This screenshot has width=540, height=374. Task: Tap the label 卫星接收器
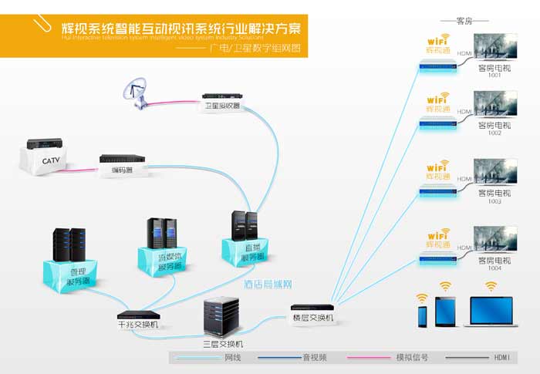tap(221, 105)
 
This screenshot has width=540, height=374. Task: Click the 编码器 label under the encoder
tap(121, 171)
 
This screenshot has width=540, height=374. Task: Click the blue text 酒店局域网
tap(266, 285)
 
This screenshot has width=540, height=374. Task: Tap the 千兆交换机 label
tap(138, 324)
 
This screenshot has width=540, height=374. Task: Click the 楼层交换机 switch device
tap(312, 308)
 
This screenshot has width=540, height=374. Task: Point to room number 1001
tap(494, 76)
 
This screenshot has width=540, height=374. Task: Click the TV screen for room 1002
tap(494, 104)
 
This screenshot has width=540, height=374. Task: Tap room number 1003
tap(494, 201)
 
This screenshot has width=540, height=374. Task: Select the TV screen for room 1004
tap(494, 240)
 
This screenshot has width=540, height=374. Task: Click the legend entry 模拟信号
tap(412, 358)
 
